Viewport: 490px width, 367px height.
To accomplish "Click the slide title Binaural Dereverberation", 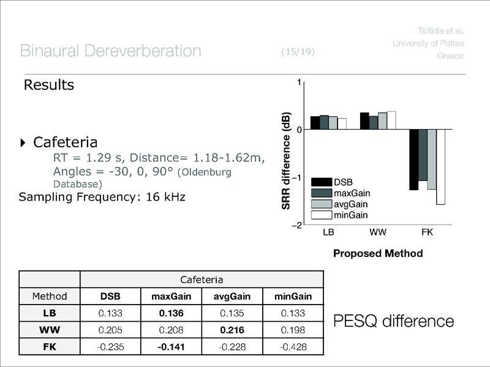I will click(x=110, y=51).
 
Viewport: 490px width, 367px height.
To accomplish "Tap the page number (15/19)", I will click(x=298, y=52).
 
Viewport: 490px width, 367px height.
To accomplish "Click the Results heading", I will click(x=48, y=85).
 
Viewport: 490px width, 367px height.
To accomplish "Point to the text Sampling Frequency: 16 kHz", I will click(x=102, y=197).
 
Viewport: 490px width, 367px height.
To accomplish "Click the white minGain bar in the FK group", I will click(x=440, y=166).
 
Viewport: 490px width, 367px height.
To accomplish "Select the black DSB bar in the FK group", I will click(x=413, y=159).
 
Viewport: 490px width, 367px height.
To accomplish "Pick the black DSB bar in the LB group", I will click(x=315, y=122).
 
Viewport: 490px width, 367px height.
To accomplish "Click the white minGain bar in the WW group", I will click(x=391, y=120).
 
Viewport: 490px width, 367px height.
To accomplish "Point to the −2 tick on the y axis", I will click(x=296, y=226).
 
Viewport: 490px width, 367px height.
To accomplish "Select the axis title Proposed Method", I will click(x=378, y=253).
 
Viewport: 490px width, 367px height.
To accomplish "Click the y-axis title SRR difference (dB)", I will click(x=286, y=160).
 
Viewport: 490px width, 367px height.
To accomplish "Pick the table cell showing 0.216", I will click(x=233, y=331).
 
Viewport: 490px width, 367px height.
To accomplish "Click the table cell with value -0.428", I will click(x=293, y=348).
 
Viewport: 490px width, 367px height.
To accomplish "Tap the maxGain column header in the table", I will click(x=172, y=297).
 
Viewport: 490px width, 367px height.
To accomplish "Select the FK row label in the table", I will click(x=50, y=348).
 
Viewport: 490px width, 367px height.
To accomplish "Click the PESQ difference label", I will click(x=393, y=321).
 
